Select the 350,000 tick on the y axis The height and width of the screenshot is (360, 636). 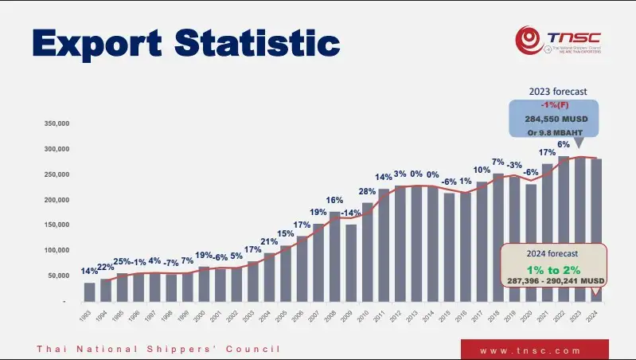(57, 123)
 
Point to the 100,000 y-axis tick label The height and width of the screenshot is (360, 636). (57, 250)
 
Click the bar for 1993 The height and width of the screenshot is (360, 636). (89, 292)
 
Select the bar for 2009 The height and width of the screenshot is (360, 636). (350, 263)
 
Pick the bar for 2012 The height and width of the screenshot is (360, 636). (400, 244)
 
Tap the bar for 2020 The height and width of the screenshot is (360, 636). (530, 243)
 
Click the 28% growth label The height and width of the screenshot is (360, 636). (367, 191)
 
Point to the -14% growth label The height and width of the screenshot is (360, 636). (350, 213)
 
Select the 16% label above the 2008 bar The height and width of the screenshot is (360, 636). (334, 200)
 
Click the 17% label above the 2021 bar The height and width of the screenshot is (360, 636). (547, 152)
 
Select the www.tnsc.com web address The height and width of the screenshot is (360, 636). (535, 350)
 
